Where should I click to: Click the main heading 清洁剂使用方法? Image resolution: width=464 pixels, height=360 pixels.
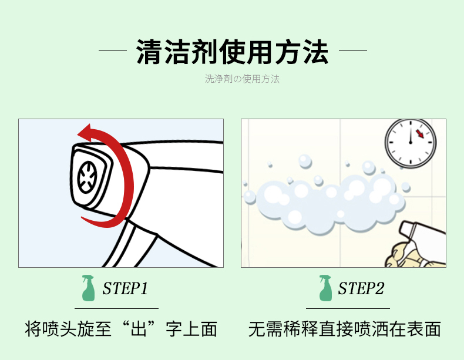click(x=233, y=52)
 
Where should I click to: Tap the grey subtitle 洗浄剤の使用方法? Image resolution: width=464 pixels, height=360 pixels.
click(x=242, y=79)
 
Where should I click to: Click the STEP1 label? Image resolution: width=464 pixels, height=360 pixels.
click(x=125, y=288)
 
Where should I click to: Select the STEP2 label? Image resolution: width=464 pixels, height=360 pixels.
click(x=361, y=288)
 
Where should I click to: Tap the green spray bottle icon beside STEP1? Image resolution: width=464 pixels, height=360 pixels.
click(x=88, y=288)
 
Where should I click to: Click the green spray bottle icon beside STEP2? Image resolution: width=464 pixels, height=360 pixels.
click(x=325, y=288)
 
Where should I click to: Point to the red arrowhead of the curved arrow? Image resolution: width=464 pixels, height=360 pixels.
click(x=85, y=132)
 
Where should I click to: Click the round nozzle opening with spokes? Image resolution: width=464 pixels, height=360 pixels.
click(x=87, y=177)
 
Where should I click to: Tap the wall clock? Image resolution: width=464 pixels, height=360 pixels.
click(x=411, y=143)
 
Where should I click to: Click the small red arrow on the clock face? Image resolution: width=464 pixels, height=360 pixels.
click(x=419, y=134)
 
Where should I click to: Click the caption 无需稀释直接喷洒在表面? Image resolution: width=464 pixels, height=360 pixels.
click(x=345, y=329)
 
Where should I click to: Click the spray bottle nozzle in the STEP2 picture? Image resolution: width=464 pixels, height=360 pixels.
click(x=408, y=230)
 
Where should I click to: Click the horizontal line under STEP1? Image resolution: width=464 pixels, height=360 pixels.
click(x=117, y=308)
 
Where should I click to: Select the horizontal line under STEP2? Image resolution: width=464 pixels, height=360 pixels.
click(x=348, y=308)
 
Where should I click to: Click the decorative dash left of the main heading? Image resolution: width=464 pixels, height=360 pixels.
click(x=113, y=51)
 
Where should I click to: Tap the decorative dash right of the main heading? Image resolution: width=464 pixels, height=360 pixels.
click(x=353, y=51)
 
